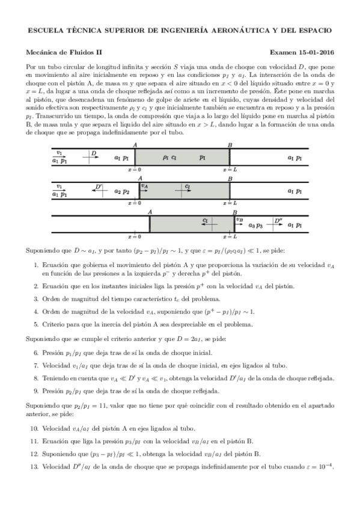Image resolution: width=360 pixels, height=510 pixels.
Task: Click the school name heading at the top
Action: pos(180,30)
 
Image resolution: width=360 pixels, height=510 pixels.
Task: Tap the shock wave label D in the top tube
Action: pos(94,154)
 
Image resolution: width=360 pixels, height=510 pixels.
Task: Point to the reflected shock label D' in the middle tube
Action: pos(99,187)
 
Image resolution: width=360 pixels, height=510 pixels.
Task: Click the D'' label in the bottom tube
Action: pos(278,220)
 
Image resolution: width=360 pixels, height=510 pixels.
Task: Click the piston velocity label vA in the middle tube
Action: pos(144,186)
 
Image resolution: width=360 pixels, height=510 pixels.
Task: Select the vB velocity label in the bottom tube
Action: pos(239,220)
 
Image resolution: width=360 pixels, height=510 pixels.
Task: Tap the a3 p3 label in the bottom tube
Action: pos(256,226)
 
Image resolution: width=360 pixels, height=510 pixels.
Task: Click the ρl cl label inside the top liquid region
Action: pos(169,158)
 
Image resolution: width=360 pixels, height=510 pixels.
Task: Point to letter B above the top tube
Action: pos(230,146)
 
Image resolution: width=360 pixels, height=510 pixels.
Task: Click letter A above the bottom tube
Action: pos(150,212)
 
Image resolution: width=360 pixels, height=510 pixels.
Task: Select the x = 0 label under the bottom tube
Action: pos(135,237)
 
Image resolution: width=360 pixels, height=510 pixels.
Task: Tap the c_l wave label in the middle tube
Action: pos(188,186)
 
